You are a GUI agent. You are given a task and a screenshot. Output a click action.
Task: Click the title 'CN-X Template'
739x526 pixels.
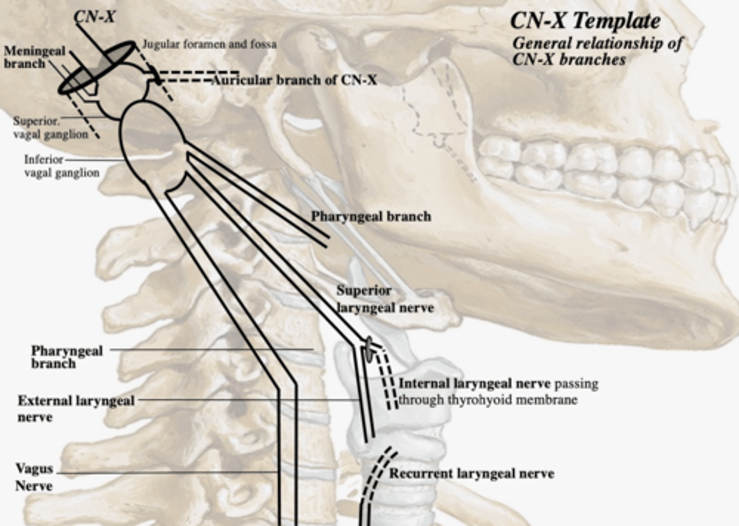[585, 22]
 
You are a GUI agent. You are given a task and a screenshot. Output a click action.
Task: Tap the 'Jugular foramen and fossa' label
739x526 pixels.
[209, 45]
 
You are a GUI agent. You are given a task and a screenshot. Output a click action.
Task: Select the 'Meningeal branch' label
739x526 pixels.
[34, 57]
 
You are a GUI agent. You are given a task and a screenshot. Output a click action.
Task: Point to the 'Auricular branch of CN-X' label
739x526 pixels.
[295, 80]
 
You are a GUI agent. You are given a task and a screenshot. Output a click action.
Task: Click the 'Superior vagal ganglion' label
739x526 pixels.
[50, 128]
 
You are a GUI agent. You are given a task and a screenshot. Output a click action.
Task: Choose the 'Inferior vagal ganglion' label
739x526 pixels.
[62, 166]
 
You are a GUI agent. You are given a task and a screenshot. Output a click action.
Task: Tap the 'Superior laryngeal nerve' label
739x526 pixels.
[385, 299]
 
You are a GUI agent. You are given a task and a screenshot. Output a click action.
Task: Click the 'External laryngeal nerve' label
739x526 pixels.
[76, 408]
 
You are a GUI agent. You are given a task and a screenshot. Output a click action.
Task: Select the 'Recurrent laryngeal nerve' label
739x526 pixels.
[471, 474]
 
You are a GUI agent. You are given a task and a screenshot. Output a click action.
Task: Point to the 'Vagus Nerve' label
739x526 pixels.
[34, 477]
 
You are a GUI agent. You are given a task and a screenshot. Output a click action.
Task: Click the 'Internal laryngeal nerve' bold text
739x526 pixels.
[474, 384]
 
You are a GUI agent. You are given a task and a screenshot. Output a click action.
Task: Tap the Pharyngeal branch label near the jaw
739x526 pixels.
[371, 217]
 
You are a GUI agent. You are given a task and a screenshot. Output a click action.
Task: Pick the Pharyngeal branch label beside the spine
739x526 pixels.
[67, 357]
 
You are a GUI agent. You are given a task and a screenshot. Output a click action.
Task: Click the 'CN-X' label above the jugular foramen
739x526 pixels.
[94, 17]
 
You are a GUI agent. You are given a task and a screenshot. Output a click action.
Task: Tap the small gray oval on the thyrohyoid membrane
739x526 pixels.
[368, 348]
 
